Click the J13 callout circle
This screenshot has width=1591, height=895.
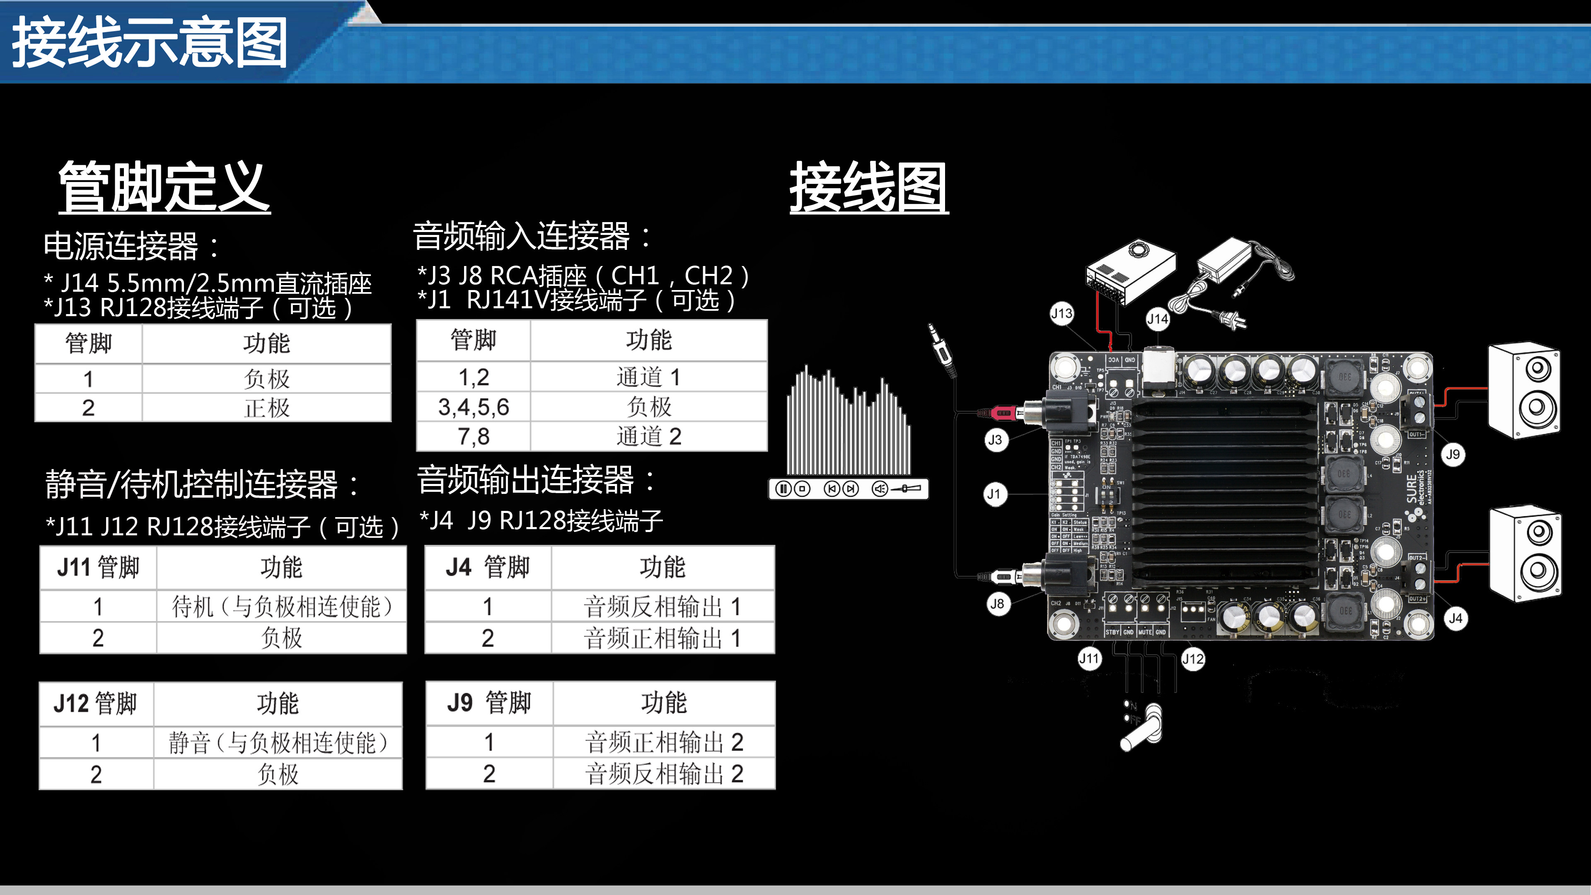coord(1061,314)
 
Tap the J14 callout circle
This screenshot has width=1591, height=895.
coord(1158,319)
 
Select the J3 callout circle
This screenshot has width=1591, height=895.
coord(995,440)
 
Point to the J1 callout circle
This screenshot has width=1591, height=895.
coord(994,494)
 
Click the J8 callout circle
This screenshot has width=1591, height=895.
coord(997,603)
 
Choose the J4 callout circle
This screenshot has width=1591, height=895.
coord(1455,618)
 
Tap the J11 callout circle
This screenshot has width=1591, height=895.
coord(1089,658)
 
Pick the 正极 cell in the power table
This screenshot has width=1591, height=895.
coord(266,408)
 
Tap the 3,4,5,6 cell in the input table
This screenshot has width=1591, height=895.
coord(474,407)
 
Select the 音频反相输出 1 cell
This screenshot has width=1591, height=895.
coord(662,607)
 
